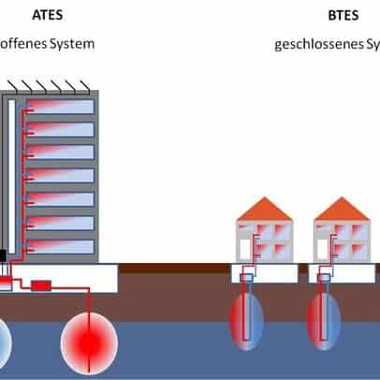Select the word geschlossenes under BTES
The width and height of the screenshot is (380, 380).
[x=318, y=43]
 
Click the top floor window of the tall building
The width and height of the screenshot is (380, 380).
[x=58, y=107]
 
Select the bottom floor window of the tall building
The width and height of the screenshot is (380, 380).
[x=58, y=247]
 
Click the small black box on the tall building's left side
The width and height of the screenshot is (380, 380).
[x=4, y=255]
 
